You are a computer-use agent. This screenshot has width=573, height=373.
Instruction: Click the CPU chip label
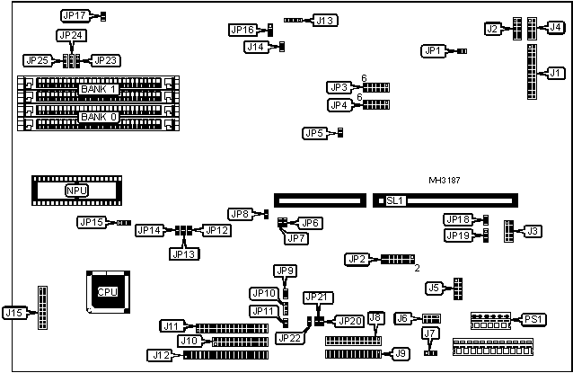(x=107, y=291)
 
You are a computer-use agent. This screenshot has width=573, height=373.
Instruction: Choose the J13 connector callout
(x=324, y=20)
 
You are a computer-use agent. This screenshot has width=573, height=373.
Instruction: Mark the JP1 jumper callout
(x=434, y=51)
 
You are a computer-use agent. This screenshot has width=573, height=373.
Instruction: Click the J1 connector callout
(x=555, y=72)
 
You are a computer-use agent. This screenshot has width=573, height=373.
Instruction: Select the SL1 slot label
(x=395, y=201)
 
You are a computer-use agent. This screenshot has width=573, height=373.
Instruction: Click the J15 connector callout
(x=14, y=313)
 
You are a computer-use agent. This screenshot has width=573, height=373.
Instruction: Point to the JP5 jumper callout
(x=314, y=134)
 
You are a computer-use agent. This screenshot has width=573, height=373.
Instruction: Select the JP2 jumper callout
(x=357, y=259)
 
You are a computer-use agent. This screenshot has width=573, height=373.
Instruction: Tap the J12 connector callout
(x=161, y=355)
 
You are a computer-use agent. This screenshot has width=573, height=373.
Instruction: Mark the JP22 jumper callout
(x=290, y=338)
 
